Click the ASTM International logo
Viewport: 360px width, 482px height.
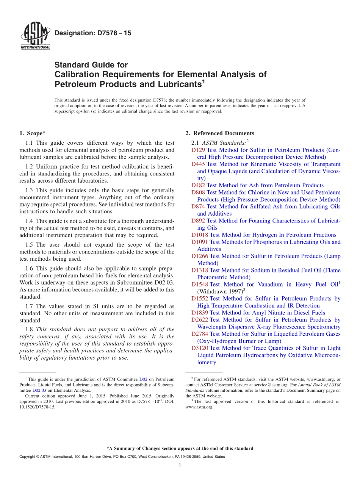tap(35, 37)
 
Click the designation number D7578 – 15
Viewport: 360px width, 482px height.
tap(93, 33)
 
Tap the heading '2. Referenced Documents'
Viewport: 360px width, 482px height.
tap(220, 133)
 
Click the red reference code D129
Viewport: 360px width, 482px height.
tap(198, 150)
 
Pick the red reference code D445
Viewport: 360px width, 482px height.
tap(198, 164)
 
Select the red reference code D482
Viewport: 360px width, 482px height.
tap(198, 185)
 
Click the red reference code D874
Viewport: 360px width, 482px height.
tap(198, 207)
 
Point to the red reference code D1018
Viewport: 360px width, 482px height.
tap(200, 235)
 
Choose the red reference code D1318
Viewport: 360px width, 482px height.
tap(200, 270)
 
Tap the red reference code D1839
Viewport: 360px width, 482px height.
tap(200, 313)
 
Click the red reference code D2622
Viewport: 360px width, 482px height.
tap(200, 320)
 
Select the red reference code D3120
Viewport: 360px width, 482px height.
tap(200, 348)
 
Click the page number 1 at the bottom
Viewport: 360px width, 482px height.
tap(180, 466)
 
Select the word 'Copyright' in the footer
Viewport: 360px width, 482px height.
tap(28, 457)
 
